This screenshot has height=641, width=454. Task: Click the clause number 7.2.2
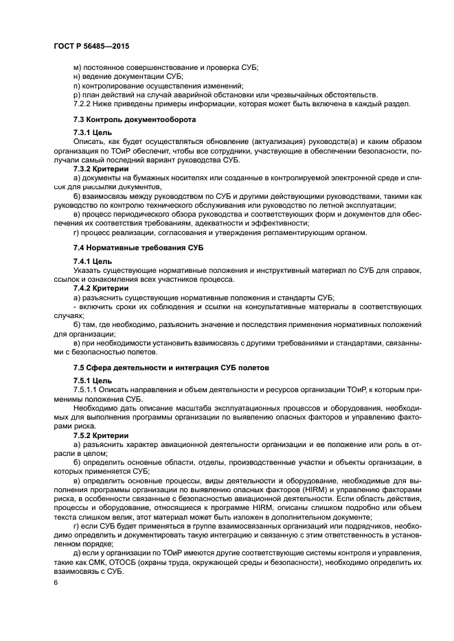pyautogui.click(x=84, y=104)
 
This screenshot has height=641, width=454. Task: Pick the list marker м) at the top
pyautogui.click(x=77, y=68)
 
